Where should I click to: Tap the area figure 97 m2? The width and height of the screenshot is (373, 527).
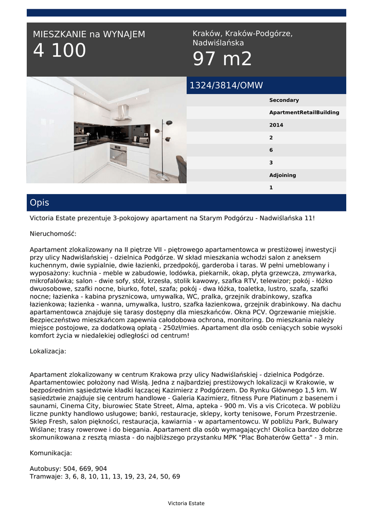[x=222, y=59]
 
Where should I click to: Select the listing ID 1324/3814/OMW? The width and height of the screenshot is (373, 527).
[x=226, y=85]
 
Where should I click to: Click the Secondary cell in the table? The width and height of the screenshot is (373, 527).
[x=284, y=100]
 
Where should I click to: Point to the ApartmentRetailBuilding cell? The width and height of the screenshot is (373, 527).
[x=304, y=113]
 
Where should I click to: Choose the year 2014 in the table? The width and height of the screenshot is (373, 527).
[x=276, y=125]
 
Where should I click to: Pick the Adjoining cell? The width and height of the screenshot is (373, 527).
[x=282, y=175]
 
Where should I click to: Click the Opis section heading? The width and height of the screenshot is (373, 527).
[x=40, y=203]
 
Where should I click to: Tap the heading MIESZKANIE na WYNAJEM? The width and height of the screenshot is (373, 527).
[x=89, y=34]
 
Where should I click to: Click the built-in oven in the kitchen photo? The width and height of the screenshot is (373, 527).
[x=118, y=153]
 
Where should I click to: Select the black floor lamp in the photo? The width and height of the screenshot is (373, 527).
[x=166, y=144]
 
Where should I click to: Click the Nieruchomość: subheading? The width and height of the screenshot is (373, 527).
[x=53, y=234]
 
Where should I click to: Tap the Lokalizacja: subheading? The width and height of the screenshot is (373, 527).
[x=48, y=352]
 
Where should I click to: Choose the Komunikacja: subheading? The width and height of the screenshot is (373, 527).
[x=51, y=453]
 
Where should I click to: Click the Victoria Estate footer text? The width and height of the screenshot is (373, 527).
[x=186, y=503]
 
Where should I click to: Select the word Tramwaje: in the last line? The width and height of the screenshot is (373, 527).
[x=46, y=477]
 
